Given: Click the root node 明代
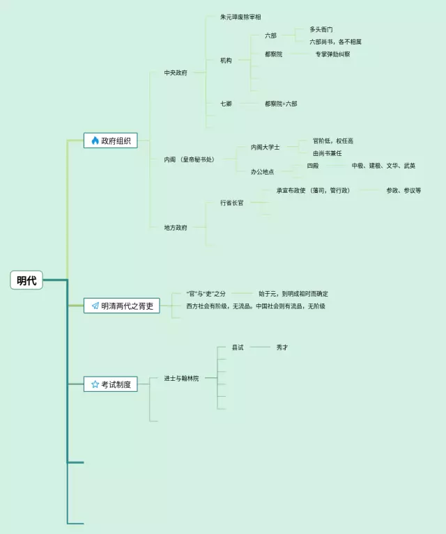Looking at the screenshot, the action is (27, 281).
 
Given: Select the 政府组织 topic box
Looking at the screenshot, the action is (110, 141).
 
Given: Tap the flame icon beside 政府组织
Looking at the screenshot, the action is (95, 141).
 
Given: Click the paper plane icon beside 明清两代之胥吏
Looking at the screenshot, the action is (95, 306).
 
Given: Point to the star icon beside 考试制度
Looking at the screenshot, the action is (95, 384).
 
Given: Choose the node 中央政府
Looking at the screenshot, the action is (176, 72).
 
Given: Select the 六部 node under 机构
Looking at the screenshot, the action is (270, 36).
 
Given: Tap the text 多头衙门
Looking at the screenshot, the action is (321, 30).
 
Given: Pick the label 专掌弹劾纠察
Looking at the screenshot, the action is (332, 54).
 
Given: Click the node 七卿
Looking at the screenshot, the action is (226, 104).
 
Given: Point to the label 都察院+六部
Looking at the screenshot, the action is (281, 104).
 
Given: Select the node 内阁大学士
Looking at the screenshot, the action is (265, 148).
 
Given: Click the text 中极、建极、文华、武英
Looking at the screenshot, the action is (383, 166).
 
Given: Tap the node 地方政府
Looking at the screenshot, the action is (176, 228).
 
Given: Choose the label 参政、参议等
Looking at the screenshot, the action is (403, 190).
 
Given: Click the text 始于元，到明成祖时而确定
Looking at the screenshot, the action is (293, 294).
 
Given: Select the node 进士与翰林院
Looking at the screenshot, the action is (181, 378).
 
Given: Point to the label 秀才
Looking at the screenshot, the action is (282, 347).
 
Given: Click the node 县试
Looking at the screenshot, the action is (238, 347).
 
